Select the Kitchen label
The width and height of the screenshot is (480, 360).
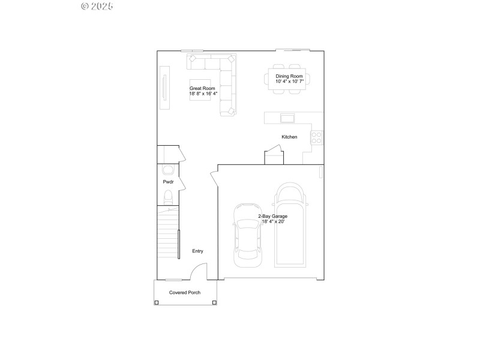[289, 137]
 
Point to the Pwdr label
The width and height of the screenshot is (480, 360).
[168, 182]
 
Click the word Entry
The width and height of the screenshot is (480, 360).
[197, 251]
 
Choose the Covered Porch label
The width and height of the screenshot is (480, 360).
[184, 292]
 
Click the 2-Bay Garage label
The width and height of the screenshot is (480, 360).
[272, 215]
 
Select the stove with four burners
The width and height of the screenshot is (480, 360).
[316, 137]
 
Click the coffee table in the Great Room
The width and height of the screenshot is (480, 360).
[200, 90]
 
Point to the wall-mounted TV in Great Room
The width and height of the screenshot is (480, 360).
[163, 88]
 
